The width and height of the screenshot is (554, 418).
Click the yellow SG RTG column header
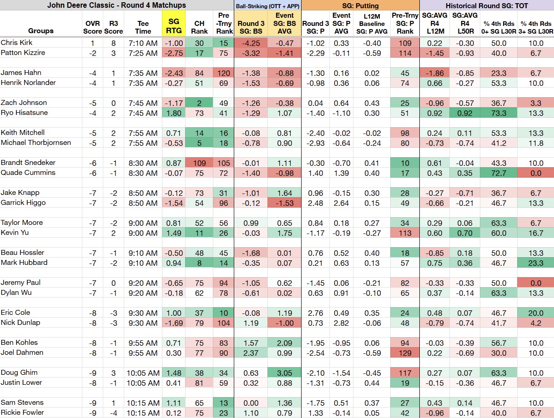pyautogui.click(x=174, y=26)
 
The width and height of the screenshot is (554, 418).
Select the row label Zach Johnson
pyautogui.click(x=24, y=103)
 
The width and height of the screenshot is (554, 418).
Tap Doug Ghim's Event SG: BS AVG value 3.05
pyautogui.click(x=284, y=373)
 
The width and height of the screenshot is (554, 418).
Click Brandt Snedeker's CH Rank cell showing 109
pyautogui.click(x=199, y=163)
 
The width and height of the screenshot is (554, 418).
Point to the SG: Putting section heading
pyautogui.click(x=360, y=5)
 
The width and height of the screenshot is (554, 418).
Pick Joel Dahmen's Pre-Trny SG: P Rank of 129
pyautogui.click(x=405, y=353)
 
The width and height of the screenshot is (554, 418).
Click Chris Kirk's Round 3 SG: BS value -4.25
pyautogui.click(x=251, y=43)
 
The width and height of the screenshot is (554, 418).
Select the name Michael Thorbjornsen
pyautogui.click(x=36, y=143)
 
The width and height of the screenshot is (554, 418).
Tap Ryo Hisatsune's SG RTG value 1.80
pyautogui.click(x=174, y=113)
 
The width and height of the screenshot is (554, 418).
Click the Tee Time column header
pyautogui.click(x=143, y=27)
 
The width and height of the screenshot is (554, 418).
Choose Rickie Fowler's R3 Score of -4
pyautogui.click(x=113, y=413)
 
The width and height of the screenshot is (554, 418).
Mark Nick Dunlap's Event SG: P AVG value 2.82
pyautogui.click(x=341, y=323)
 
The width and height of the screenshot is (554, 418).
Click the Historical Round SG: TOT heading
pyautogui.click(x=487, y=5)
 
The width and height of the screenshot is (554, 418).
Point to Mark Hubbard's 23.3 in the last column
pyautogui.click(x=535, y=263)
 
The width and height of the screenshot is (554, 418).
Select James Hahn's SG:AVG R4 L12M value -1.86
pyautogui.click(x=434, y=73)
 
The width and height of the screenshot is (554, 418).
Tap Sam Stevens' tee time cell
pyautogui.click(x=143, y=403)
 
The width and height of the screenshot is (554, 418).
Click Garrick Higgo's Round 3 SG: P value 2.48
pyautogui.click(x=315, y=203)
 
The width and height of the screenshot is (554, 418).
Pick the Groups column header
pyautogui.click(x=41, y=31)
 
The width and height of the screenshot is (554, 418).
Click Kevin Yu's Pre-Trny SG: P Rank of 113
pyautogui.click(x=405, y=233)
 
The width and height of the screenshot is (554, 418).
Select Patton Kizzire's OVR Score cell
pyautogui.click(x=92, y=53)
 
